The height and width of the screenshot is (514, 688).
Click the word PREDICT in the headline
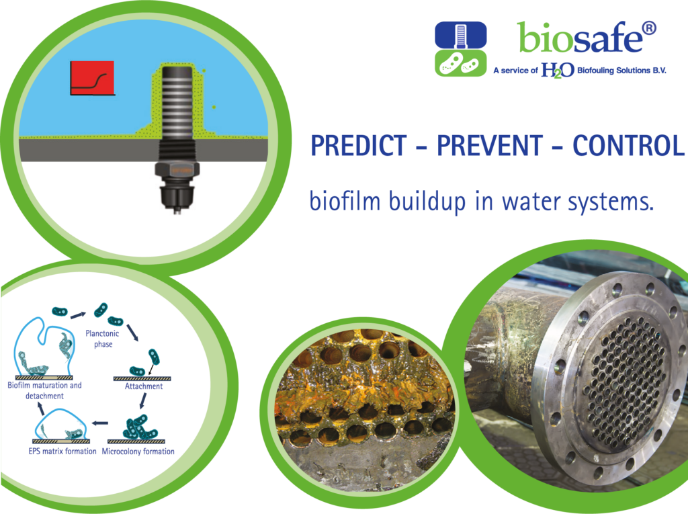(359, 146)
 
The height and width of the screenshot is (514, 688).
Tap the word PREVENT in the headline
(489, 146)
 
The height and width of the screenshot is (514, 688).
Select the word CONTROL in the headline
(628, 146)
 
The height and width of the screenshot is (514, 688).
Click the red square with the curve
(92, 78)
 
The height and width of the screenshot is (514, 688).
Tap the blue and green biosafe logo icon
(461, 49)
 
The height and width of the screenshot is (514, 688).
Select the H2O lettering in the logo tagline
(557, 70)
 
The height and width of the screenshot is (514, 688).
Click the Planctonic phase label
(103, 339)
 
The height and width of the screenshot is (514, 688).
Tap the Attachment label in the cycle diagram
(144, 386)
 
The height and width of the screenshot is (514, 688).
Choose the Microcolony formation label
(138, 452)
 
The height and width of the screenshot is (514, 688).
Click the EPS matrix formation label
(62, 452)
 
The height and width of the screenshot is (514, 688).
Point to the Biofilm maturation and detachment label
(45, 390)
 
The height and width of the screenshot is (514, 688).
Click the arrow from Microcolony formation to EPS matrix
(100, 423)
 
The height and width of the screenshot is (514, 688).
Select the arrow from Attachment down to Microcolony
(143, 400)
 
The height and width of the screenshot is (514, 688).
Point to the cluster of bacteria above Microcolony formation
(140, 427)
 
